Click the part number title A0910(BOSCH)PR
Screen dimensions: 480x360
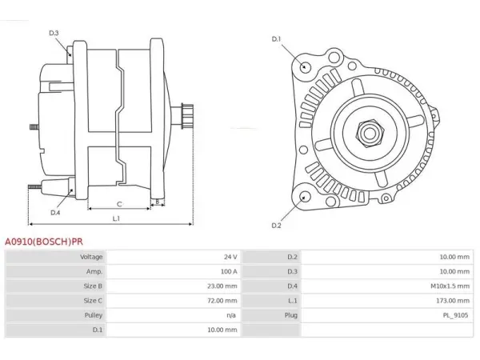(44, 242)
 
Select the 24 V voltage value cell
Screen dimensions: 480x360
(230, 257)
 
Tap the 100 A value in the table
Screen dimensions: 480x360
(229, 271)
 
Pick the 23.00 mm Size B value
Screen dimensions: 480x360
(222, 286)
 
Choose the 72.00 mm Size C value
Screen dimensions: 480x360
(222, 301)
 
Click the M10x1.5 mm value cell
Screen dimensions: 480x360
(450, 286)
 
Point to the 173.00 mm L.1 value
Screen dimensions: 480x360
(453, 301)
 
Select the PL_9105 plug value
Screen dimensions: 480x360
(456, 315)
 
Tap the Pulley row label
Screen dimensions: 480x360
(94, 315)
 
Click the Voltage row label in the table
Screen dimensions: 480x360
(91, 257)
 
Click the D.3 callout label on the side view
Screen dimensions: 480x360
(54, 33)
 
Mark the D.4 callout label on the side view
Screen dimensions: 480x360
(55, 213)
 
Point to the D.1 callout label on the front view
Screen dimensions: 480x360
(276, 39)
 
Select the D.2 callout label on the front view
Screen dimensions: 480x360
(276, 226)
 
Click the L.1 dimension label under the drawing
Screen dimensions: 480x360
(116, 218)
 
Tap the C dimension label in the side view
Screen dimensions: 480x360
(119, 204)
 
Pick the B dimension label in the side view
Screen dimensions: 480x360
(158, 202)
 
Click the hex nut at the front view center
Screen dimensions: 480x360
(370, 134)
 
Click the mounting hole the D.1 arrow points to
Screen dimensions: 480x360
(305, 66)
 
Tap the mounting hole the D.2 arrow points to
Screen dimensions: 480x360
(305, 197)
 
